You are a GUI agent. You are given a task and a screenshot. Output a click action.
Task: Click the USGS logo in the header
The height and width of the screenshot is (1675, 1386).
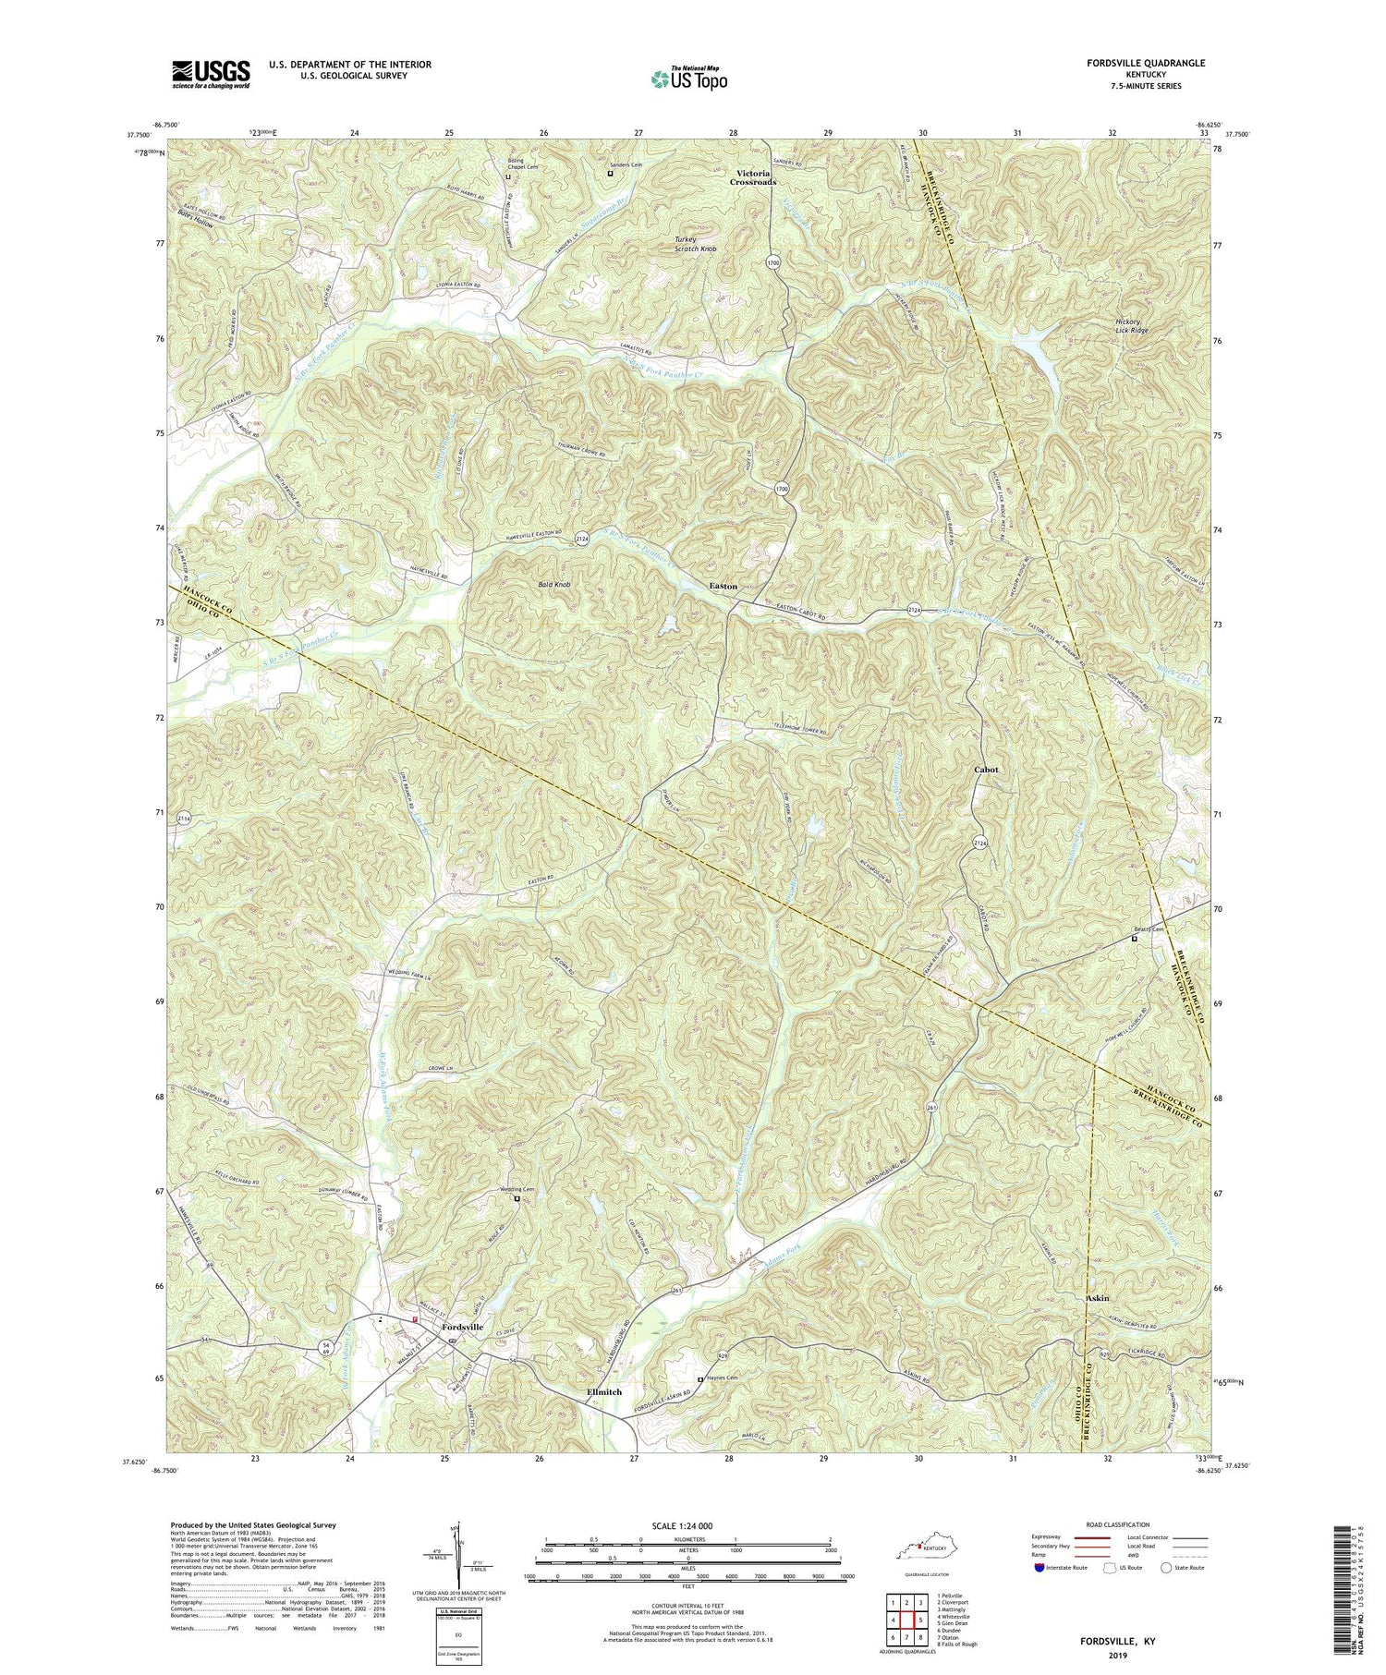(211, 73)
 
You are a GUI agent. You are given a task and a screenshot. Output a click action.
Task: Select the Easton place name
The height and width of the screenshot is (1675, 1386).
(723, 586)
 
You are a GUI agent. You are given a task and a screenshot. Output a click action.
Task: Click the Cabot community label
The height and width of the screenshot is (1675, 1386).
(986, 769)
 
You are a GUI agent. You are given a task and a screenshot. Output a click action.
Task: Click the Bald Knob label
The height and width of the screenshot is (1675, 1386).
(554, 585)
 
